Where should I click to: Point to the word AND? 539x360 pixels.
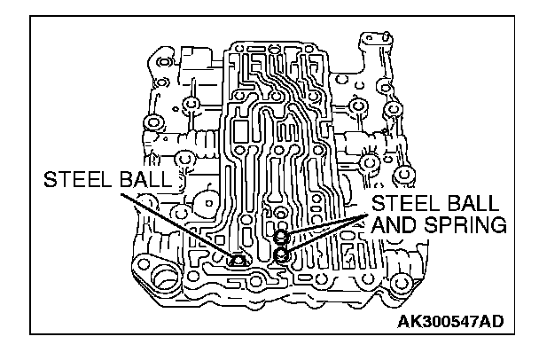point(396,226)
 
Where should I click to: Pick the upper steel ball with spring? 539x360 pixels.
point(280,238)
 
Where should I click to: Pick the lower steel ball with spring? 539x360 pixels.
point(281,254)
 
